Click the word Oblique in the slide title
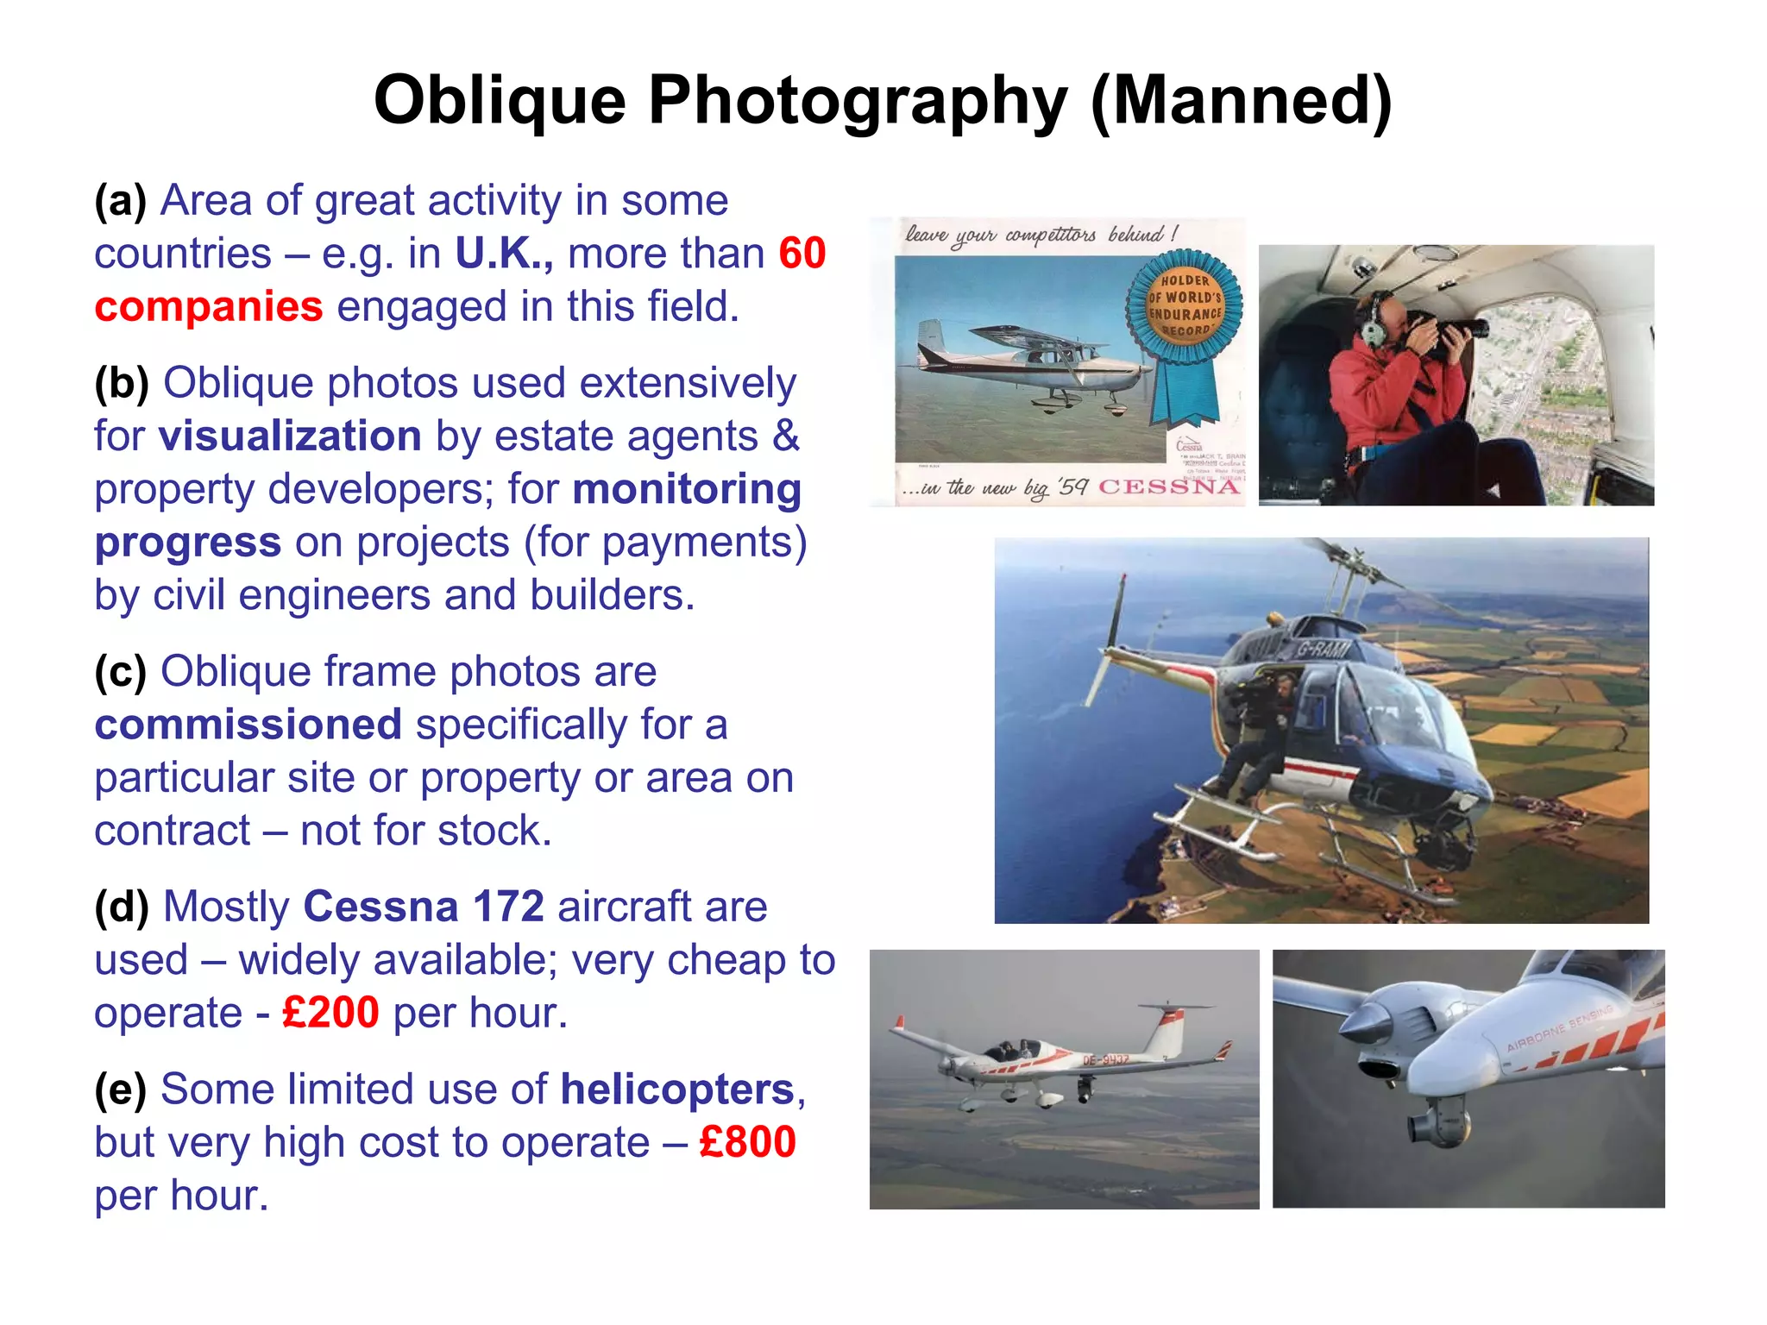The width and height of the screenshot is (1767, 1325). pos(500,101)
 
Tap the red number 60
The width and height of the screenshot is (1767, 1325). pos(802,254)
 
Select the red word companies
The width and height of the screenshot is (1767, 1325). pos(209,307)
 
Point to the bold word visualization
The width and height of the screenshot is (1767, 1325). pos(290,436)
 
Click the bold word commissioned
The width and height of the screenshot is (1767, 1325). pos(248,725)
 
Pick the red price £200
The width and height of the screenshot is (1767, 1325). pos(330,1013)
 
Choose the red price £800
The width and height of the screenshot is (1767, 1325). pos(747,1142)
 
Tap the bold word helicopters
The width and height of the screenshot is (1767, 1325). pos(677,1090)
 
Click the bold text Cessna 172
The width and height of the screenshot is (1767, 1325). pos(424,907)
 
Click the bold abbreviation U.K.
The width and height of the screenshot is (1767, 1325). pos(504,254)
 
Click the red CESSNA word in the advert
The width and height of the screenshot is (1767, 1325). pos(1169,487)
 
